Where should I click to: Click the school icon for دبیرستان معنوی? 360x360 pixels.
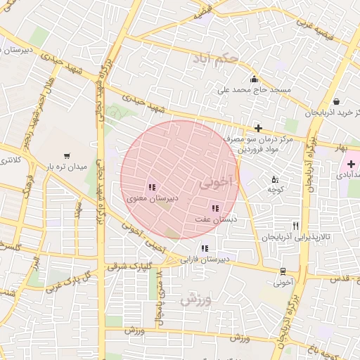coord(151,187)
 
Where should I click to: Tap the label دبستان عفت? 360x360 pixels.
coord(213,219)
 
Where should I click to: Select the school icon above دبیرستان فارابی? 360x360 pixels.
coord(205,247)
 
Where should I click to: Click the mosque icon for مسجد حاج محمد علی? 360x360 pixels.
coord(253,79)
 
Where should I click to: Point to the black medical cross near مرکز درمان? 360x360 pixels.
coord(258,128)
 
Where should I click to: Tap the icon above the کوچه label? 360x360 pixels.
coord(274,179)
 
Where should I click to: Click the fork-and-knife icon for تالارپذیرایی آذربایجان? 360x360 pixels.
coord(296,226)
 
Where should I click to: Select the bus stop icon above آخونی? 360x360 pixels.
coord(283,271)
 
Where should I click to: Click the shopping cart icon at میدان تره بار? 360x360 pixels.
coord(67,156)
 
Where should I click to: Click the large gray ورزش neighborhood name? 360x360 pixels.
coord(195,300)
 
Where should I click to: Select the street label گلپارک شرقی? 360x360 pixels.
coord(129,267)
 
